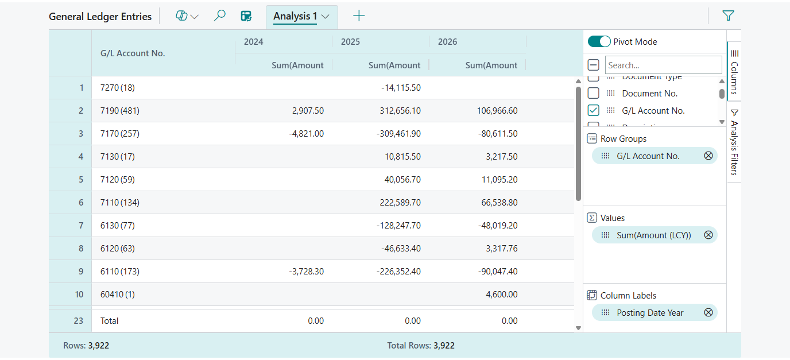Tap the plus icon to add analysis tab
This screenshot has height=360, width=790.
click(x=359, y=16)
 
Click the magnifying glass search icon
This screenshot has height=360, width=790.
click(x=219, y=16)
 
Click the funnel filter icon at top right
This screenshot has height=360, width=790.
click(x=728, y=16)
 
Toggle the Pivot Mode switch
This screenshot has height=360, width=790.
click(x=599, y=41)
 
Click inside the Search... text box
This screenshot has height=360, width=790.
click(x=663, y=65)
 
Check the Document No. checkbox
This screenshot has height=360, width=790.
click(x=594, y=93)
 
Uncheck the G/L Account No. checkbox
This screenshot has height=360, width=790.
click(x=594, y=110)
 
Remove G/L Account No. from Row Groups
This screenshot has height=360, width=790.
click(x=708, y=156)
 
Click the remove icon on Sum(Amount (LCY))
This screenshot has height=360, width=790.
click(x=708, y=235)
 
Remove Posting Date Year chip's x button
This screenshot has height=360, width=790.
click(x=708, y=312)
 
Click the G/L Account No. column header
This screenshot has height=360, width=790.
click(x=133, y=53)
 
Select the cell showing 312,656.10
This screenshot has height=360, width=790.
click(x=400, y=111)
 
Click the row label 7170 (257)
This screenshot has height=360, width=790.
click(x=120, y=134)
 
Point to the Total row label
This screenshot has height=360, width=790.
click(x=110, y=321)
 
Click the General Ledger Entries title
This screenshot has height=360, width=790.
click(x=100, y=17)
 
